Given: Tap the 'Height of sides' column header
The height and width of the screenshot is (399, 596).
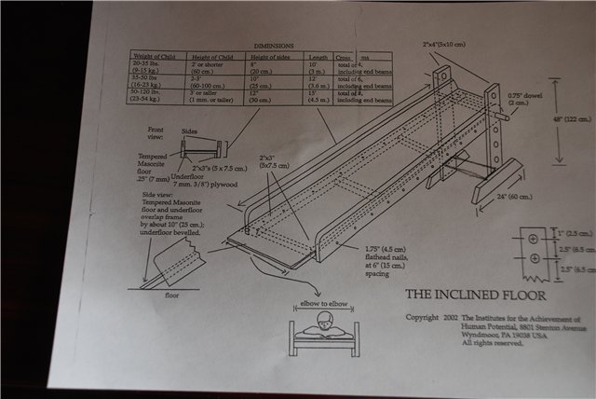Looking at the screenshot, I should tap(273, 55).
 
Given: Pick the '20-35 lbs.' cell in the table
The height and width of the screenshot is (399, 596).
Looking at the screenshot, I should tap(146, 62).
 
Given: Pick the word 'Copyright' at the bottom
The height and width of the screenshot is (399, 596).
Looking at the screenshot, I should tap(424, 318).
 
